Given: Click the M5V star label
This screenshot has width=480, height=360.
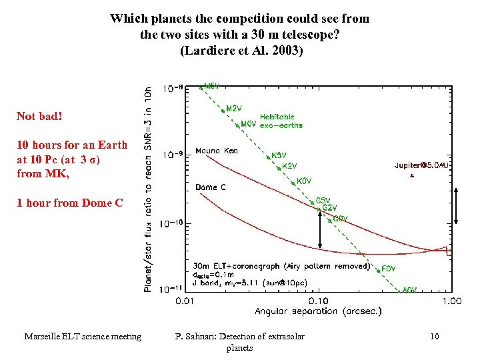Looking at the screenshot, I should point(211,86).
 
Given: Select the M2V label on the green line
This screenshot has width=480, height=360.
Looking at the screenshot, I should point(234,108).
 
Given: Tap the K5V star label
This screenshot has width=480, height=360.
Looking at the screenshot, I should point(279,155).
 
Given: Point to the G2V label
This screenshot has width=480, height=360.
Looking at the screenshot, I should point(329,208).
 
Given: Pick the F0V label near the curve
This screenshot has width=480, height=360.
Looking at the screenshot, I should point(389,269).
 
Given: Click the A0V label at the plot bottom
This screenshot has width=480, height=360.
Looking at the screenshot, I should point(410,290).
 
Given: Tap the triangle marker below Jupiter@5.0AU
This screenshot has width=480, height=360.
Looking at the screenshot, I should point(412,176).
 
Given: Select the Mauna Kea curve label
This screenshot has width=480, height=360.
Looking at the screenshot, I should point(216,151).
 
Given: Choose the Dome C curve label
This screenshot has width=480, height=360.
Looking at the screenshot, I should point(211,187).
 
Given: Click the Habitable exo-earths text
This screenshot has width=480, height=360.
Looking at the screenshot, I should point(281,121).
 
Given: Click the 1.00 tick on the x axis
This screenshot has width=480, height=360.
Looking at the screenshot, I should point(451,301).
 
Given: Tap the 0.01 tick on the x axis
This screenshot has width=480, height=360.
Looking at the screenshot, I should point(185,301).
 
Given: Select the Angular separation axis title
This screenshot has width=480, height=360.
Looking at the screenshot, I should point(318,311).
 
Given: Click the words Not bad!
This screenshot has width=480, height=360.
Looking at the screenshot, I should point(39,116).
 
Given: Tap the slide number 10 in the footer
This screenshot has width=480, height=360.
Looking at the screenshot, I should point(435,336).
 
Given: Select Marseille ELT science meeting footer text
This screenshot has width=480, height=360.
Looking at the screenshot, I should point(83,336).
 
